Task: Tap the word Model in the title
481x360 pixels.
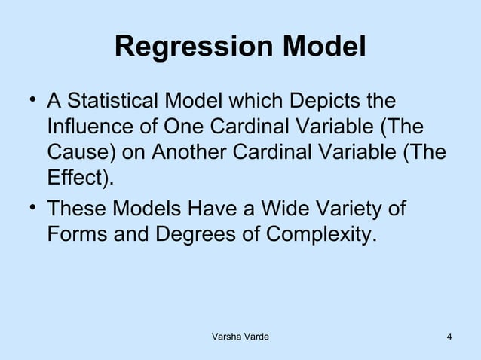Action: point(323,47)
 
